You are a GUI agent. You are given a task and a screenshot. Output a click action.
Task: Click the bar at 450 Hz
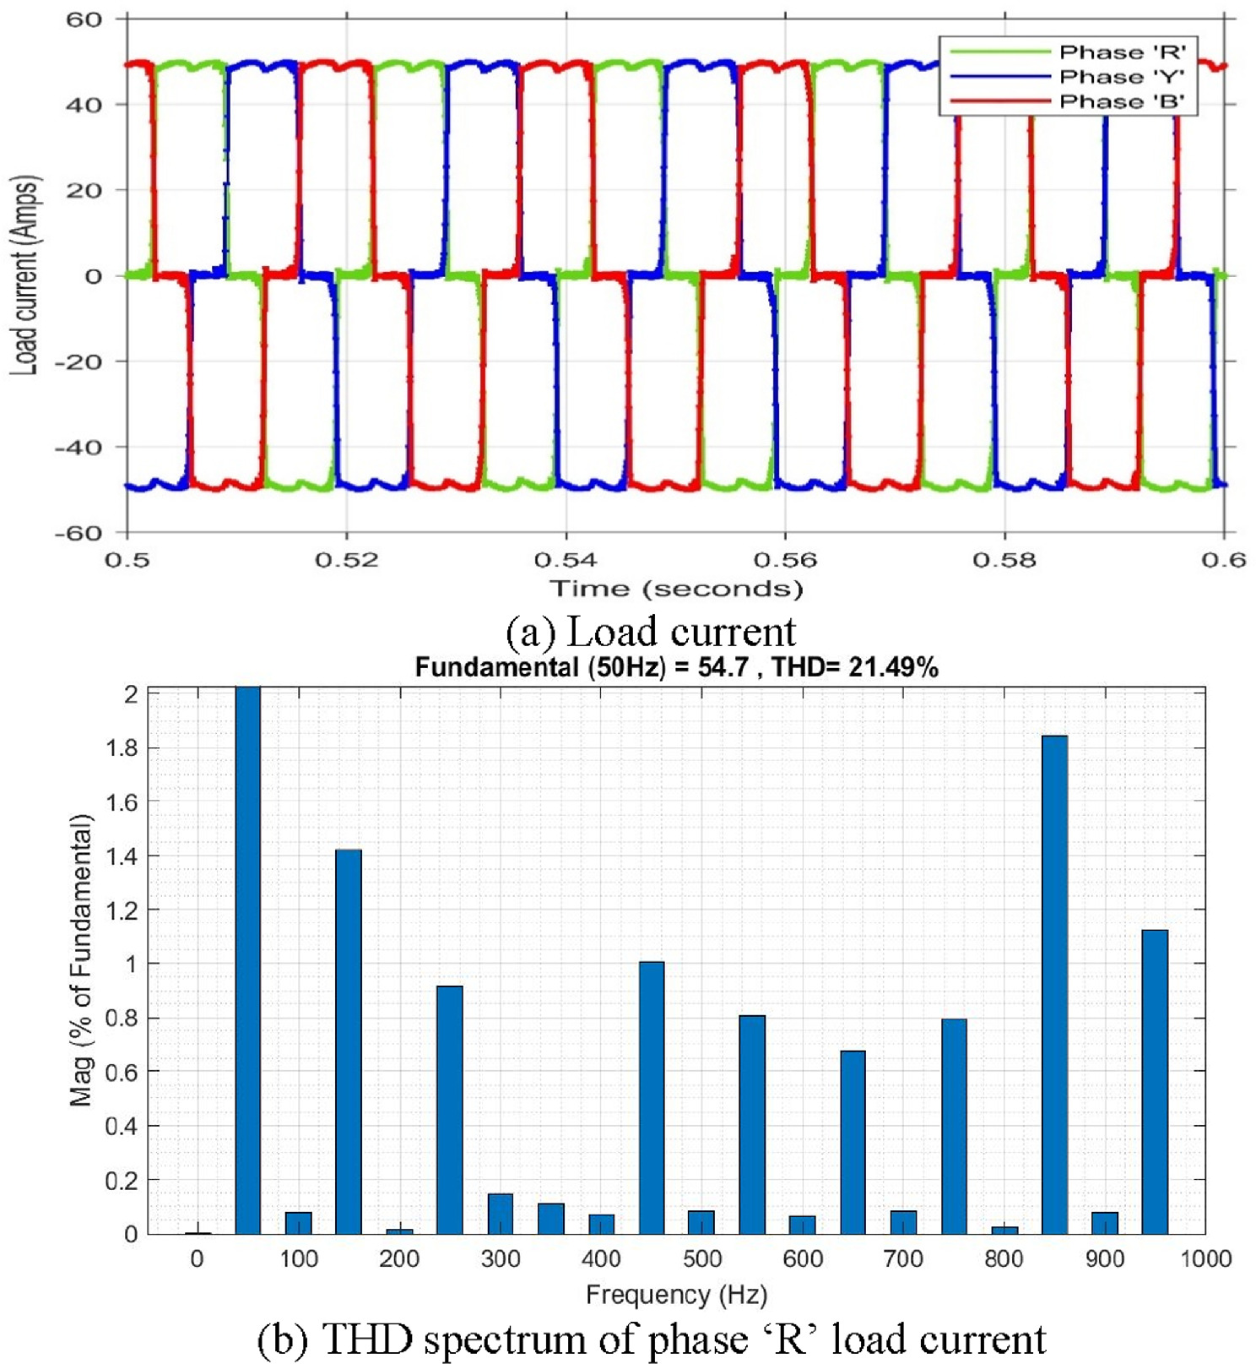(651, 1097)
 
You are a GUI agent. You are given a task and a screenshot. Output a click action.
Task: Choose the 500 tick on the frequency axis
(701, 1259)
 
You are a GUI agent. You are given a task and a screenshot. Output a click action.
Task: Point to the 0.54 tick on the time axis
(566, 559)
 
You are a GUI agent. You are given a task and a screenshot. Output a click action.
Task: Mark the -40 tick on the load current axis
(78, 448)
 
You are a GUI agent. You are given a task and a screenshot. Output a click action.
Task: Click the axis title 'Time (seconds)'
(675, 589)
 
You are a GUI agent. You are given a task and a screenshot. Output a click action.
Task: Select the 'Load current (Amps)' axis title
(25, 275)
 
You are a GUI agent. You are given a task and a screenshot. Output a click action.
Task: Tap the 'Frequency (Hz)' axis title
(676, 1295)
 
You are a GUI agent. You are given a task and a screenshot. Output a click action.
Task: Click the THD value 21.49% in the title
(894, 668)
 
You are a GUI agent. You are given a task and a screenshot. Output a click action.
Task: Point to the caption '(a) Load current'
(651, 632)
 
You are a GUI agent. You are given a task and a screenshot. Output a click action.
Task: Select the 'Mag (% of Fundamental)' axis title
(81, 960)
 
